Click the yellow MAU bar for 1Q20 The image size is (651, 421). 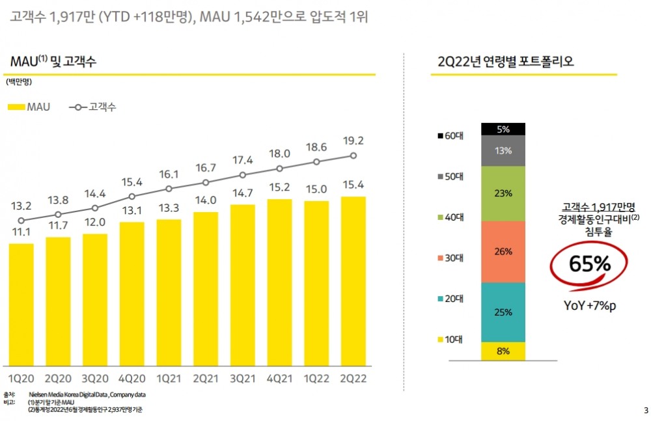tap(21, 304)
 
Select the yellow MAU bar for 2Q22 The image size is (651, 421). tap(353, 280)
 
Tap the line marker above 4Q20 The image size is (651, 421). tap(132, 196)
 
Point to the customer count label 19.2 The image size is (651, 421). tap(353, 140)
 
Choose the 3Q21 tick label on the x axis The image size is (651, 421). tap(242, 378)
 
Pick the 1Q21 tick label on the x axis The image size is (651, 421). tap(169, 378)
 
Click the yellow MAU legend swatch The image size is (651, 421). tap(16, 107)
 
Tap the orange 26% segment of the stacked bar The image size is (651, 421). tap(503, 252)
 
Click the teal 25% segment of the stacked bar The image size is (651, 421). tap(503, 312)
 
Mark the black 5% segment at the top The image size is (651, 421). tap(503, 129)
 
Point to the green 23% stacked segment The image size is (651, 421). tap(503, 193)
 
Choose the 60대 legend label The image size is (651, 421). tap(453, 136)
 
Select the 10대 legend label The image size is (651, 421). tap(453, 339)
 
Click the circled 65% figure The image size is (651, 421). tap(590, 264)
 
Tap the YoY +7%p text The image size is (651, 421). tap(589, 306)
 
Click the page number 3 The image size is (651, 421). tap(645, 410)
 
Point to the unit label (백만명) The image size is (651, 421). tap(20, 83)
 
